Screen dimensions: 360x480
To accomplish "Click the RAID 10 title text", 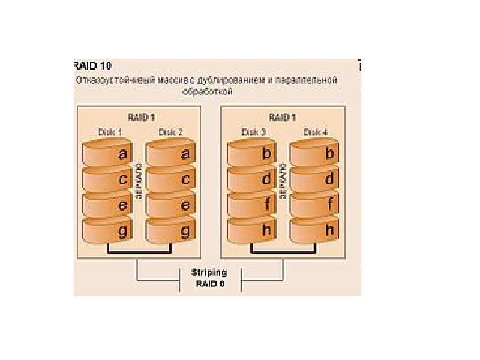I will coord(92,66).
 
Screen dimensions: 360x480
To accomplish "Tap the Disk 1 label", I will coord(110,132).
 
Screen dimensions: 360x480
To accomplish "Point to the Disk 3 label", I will coord(252,132).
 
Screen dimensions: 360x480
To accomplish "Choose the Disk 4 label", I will coord(314,132).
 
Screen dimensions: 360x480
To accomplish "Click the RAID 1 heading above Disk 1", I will coord(141,117).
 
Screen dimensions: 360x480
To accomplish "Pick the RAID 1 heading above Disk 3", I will coord(282,117).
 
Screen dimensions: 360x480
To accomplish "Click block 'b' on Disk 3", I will coord(251,154).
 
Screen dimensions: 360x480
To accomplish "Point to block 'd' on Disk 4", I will coord(313,179).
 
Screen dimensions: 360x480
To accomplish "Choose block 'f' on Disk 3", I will coord(251,205).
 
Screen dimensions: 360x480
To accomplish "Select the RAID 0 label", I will coord(209,283).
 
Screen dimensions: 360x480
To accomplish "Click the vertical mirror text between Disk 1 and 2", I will coord(139,180).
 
